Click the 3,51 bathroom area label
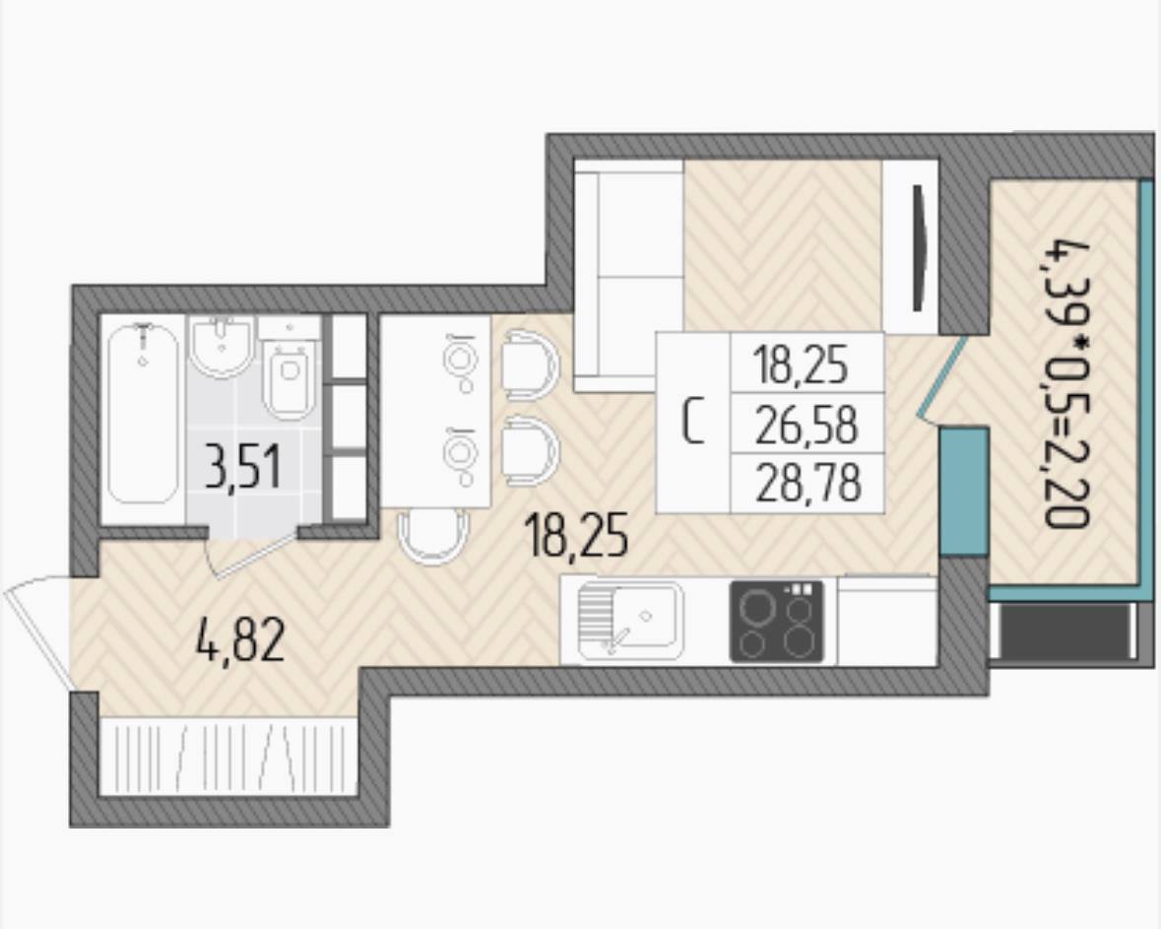tap(243, 468)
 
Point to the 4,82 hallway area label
tap(240, 640)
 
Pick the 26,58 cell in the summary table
tap(807, 426)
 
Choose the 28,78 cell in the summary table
tap(807, 483)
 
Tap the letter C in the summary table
tap(692, 423)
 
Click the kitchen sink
tap(630, 621)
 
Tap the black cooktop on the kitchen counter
tap(777, 621)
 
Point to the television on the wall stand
tap(920, 247)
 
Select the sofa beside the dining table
tap(629, 277)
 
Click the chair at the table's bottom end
tap(433, 536)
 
